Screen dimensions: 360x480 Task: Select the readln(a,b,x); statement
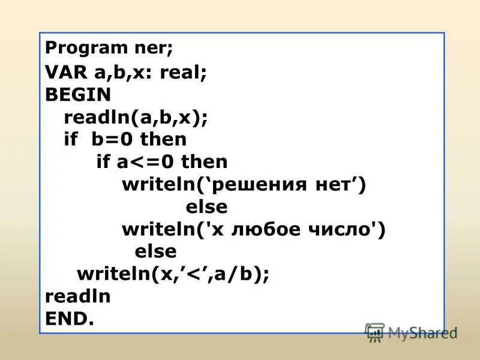[136, 117]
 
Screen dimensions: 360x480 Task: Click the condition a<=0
[152, 162]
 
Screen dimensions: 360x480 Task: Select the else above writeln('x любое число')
[206, 207]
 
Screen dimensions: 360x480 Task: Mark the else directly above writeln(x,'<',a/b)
[156, 251]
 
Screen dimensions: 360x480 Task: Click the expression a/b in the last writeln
[240, 274]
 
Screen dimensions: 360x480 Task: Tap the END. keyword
[70, 319]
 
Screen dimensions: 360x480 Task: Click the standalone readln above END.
[78, 296]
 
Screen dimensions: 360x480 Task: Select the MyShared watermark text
[422, 332]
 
